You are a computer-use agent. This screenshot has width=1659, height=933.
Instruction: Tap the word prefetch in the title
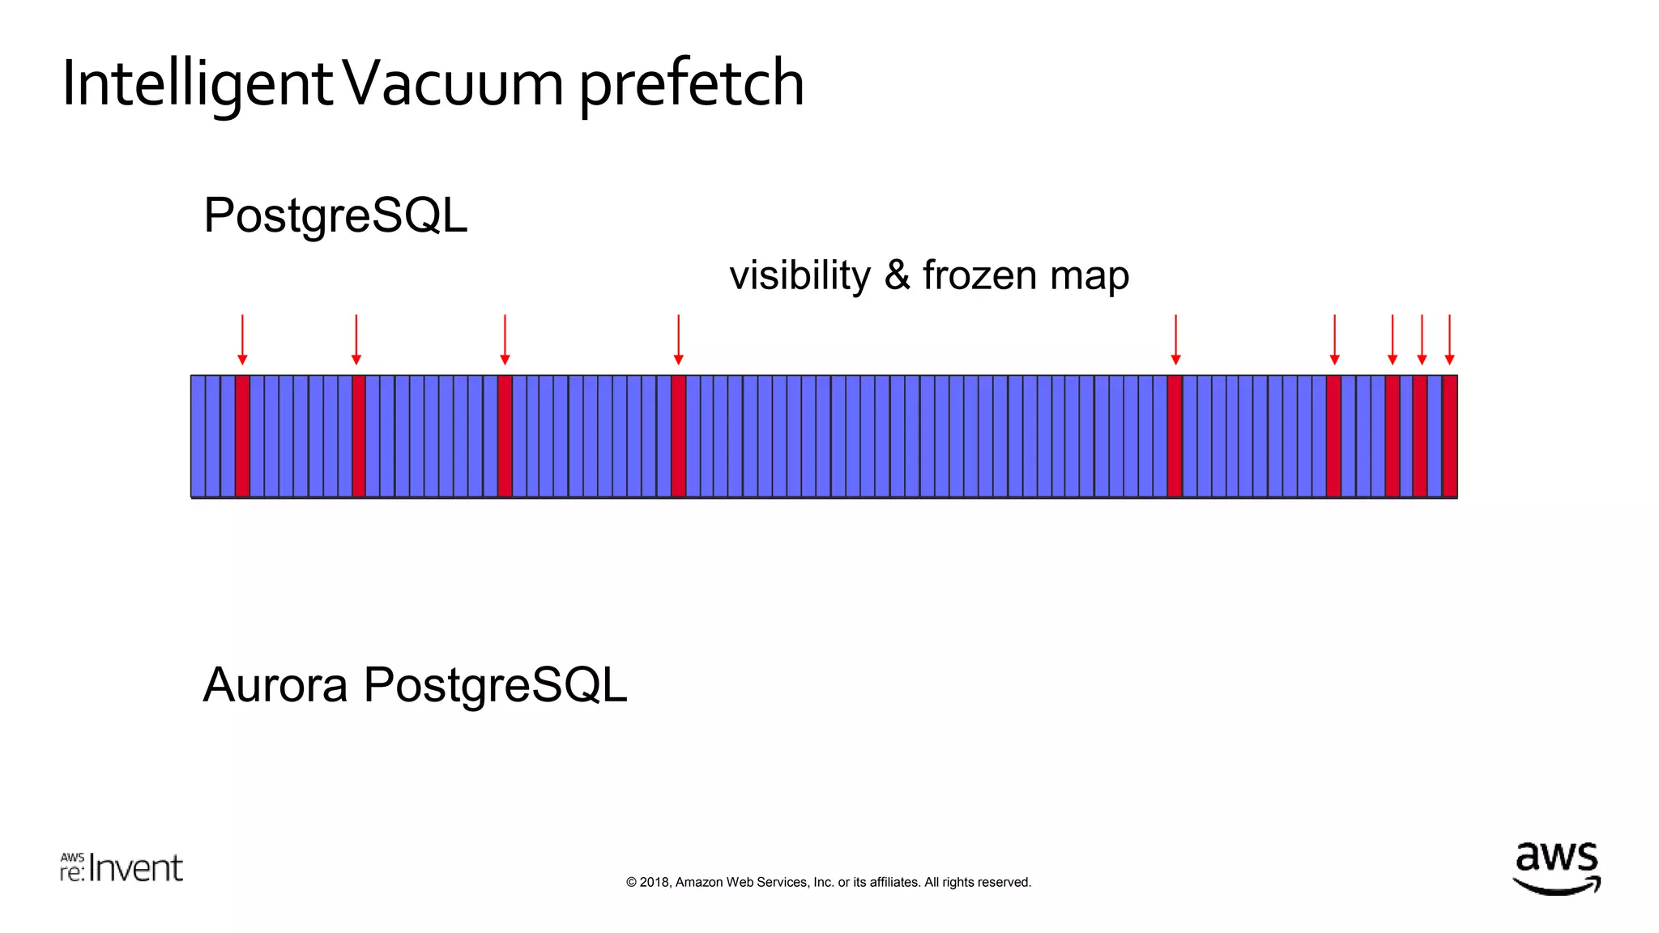point(691,83)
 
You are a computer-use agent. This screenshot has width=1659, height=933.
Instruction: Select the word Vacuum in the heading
point(455,83)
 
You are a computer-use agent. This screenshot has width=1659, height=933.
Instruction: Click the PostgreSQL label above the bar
point(335,215)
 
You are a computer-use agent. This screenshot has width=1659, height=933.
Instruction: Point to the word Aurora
point(275,685)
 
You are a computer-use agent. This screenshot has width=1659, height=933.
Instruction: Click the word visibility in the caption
point(800,275)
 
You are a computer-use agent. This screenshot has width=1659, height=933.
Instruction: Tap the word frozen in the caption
point(979,275)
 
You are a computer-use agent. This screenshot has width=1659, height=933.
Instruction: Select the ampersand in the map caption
point(897,275)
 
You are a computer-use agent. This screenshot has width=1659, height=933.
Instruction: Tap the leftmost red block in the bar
point(242,436)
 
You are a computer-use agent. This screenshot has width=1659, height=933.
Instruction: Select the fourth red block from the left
point(679,436)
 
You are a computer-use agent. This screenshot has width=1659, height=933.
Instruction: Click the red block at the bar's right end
point(1450,436)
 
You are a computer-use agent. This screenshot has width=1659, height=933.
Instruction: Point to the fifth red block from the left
point(1175,436)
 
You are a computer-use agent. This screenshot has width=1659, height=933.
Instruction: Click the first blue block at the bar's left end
point(198,436)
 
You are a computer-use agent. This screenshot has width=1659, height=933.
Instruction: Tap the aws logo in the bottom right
point(1556,868)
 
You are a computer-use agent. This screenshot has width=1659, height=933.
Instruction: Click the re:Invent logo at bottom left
point(122,868)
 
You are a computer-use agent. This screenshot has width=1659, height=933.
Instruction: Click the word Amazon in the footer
point(699,883)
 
